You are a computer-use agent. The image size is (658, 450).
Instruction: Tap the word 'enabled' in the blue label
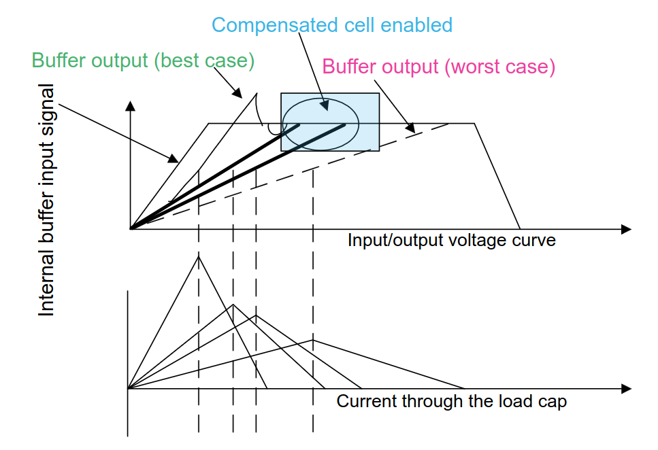click(x=416, y=25)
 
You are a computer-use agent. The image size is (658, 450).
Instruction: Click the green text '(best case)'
click(x=204, y=60)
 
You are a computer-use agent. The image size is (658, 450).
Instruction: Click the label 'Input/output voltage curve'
click(x=452, y=241)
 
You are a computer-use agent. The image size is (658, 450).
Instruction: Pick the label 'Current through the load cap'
click(x=452, y=401)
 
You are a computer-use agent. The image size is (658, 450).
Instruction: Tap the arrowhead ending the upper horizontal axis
click(x=626, y=229)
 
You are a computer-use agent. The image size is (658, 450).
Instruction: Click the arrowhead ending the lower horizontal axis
click(x=626, y=388)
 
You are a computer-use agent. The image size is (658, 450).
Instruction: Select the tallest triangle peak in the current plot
click(x=199, y=256)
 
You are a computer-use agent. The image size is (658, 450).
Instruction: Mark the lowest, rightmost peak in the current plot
click(x=312, y=340)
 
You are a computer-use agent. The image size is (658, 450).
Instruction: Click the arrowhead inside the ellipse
click(x=325, y=105)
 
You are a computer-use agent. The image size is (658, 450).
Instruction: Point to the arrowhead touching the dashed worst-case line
click(x=410, y=128)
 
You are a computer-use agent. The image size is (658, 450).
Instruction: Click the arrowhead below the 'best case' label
click(x=237, y=93)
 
